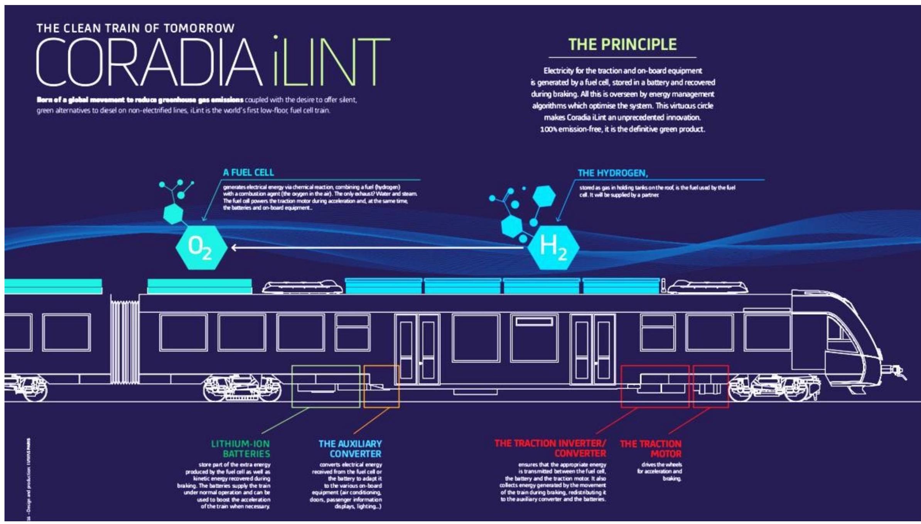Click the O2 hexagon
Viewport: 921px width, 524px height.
tap(201, 248)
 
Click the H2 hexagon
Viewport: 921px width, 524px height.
tap(553, 248)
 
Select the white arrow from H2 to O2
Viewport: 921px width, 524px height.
tap(378, 248)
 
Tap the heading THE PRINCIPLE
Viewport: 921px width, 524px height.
tap(622, 45)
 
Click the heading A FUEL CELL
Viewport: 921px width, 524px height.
tap(248, 172)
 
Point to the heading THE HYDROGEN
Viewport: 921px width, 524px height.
tap(612, 173)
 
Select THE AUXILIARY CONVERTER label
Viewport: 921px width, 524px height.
tap(350, 448)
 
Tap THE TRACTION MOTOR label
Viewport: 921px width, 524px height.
tap(651, 448)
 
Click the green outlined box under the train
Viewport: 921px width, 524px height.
tap(326, 386)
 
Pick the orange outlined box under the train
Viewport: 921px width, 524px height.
tap(381, 386)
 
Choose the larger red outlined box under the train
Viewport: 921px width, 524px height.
tap(655, 386)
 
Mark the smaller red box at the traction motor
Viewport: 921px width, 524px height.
tap(711, 386)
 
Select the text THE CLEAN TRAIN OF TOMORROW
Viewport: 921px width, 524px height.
tap(135, 28)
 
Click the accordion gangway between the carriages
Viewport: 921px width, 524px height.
tap(125, 339)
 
